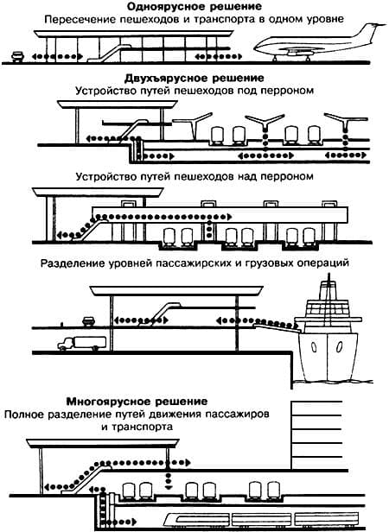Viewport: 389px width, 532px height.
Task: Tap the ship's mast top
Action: pos(328,281)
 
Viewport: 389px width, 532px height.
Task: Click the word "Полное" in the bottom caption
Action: pos(24,415)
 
